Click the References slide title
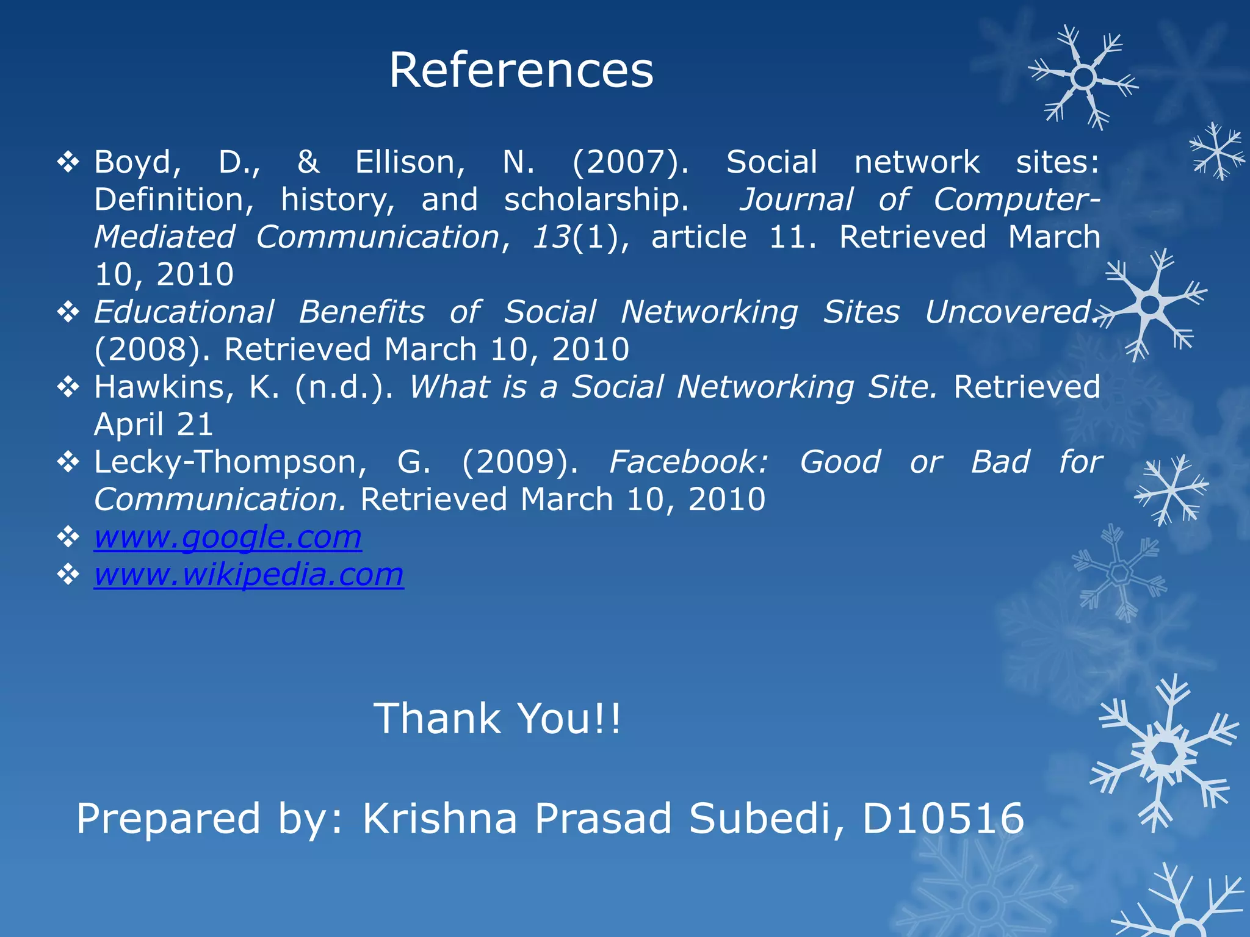click(521, 70)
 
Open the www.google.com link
click(228, 537)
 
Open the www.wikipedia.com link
click(248, 575)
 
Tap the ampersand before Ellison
click(308, 162)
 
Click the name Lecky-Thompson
click(231, 462)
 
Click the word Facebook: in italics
click(688, 462)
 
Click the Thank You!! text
click(497, 719)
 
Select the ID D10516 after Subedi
click(943, 819)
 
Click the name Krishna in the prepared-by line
click(440, 819)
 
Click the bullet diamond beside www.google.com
click(68, 537)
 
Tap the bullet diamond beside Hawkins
click(68, 387)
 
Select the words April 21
click(154, 425)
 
